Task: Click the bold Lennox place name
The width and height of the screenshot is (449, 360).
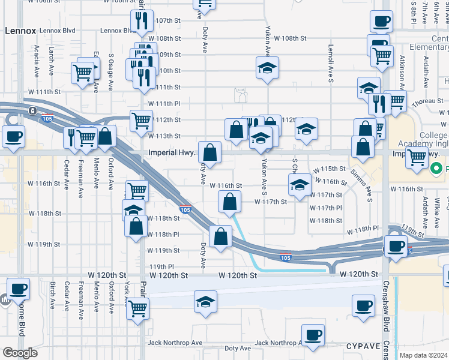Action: [x=20, y=29]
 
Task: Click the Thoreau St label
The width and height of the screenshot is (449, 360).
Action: [x=428, y=101]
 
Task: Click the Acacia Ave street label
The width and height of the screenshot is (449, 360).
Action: [x=37, y=60]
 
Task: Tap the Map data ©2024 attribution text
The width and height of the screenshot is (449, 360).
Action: [x=423, y=355]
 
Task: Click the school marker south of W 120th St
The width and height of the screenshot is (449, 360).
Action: [x=205, y=302]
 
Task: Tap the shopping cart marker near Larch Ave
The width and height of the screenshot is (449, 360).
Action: [x=82, y=73]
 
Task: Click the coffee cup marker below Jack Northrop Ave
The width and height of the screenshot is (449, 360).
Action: [x=312, y=335]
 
